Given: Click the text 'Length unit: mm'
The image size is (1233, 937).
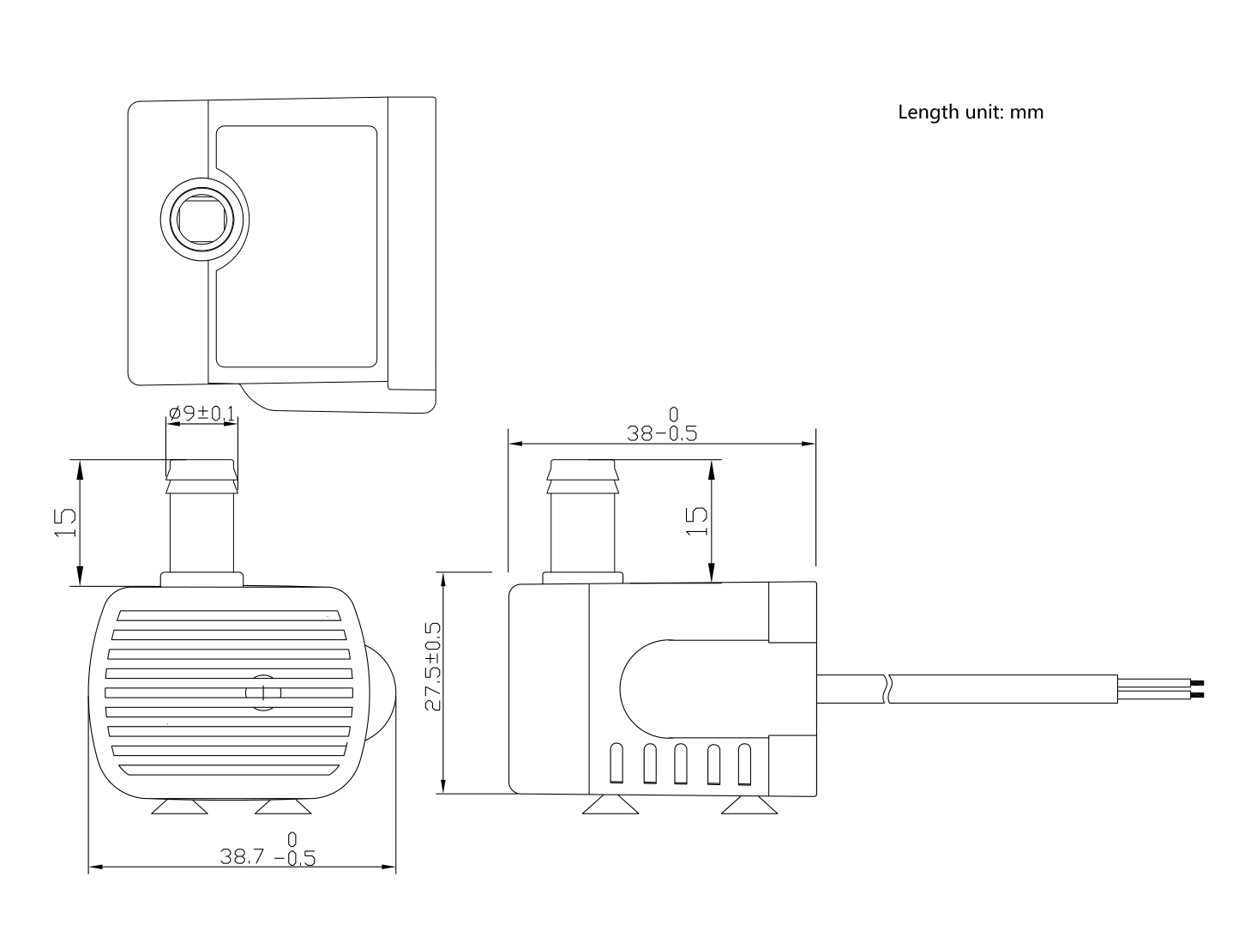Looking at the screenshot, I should [970, 112].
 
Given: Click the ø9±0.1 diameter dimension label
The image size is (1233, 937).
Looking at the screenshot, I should [201, 414].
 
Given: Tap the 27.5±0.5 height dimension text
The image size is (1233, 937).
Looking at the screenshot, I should [434, 668].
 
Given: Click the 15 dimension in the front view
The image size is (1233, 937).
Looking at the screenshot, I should [64, 522].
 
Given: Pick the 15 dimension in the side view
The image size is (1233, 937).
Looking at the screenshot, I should [697, 520].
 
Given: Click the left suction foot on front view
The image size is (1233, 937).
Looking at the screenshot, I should [178, 807].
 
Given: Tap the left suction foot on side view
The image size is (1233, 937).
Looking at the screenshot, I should [609, 805].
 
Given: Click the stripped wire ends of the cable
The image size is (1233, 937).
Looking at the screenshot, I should [1198, 688].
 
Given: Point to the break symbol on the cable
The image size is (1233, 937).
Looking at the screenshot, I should [889, 688].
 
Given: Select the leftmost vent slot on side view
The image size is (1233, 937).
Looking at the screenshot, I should [616, 765].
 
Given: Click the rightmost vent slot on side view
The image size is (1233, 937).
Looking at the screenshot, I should [744, 765].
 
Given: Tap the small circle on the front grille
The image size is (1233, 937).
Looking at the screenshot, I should [262, 692].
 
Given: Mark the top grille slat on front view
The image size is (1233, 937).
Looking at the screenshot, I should [230, 615].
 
